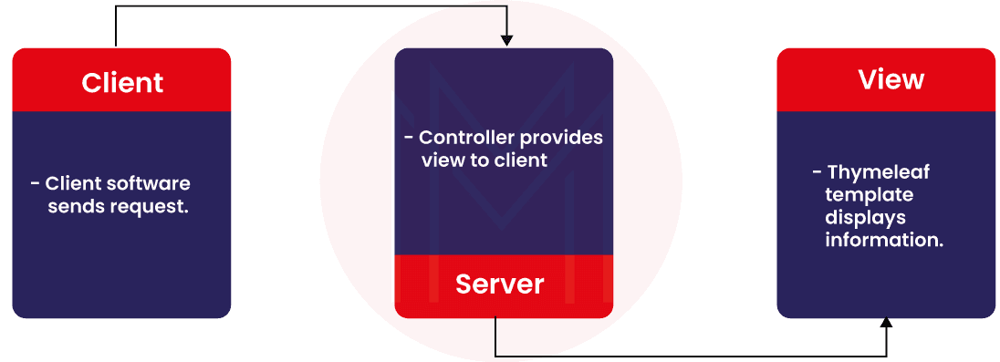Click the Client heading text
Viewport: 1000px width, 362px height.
(x=122, y=83)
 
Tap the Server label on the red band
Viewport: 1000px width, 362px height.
(x=499, y=284)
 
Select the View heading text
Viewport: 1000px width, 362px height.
(x=891, y=79)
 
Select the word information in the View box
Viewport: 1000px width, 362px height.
(x=884, y=241)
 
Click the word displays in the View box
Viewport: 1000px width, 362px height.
(x=866, y=217)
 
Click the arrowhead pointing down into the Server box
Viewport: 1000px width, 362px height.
(x=506, y=40)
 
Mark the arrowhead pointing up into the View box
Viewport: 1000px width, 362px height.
(x=886, y=324)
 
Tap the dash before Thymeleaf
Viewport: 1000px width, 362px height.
(x=817, y=172)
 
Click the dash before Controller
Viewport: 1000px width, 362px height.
(x=409, y=138)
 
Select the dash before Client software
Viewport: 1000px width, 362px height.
(x=36, y=184)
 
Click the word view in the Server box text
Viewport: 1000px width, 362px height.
(x=443, y=160)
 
